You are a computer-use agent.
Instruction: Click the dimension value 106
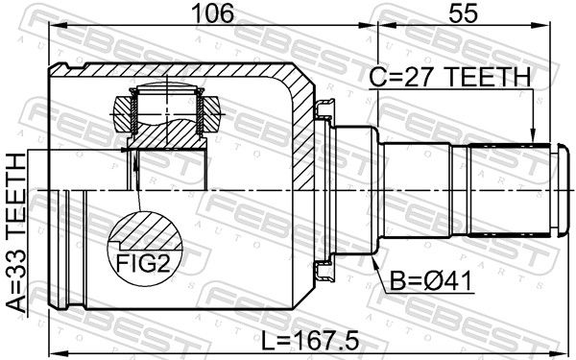point(213,12)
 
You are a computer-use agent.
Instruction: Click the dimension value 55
point(464,12)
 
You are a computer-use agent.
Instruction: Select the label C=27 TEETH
point(450,77)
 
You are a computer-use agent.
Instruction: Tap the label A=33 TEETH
point(16,232)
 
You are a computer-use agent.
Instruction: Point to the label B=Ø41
point(430,281)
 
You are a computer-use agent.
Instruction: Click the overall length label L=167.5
point(309,340)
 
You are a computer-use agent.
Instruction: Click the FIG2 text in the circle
point(143,263)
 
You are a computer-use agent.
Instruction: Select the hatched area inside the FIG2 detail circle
point(147,232)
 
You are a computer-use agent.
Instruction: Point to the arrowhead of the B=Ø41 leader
point(374,262)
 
